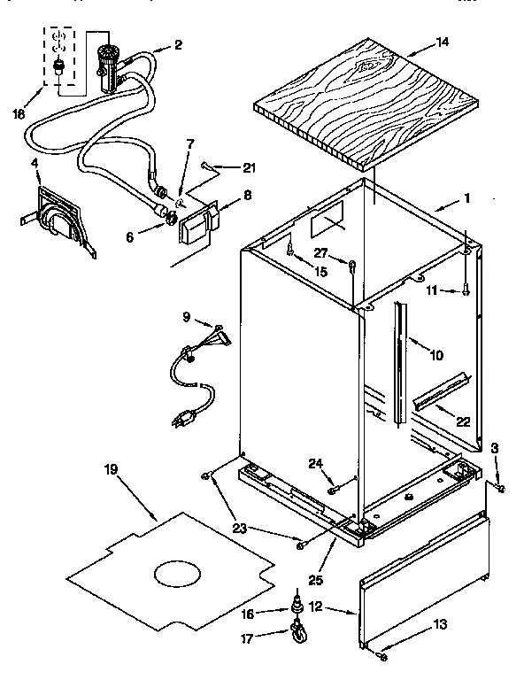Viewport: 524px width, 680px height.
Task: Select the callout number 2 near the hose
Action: [x=178, y=44]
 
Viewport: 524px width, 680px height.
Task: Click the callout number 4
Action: [x=35, y=163]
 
